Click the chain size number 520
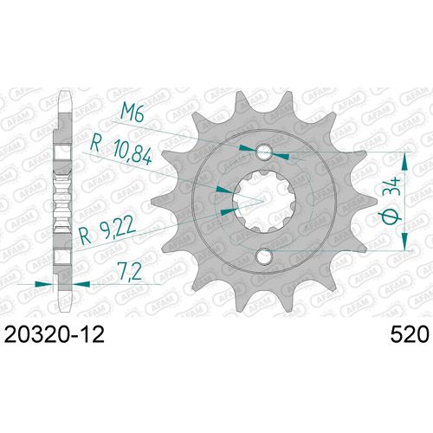point(400,334)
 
